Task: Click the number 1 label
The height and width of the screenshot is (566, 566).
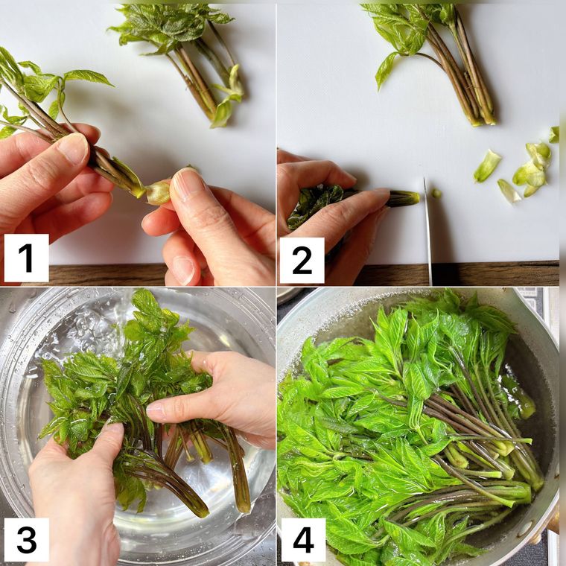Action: click(x=27, y=258)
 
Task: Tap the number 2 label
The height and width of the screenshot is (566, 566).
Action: click(x=302, y=261)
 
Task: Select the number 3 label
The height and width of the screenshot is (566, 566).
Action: click(x=27, y=540)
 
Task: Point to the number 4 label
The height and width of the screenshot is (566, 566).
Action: click(x=303, y=541)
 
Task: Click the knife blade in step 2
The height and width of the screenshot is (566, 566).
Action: click(x=427, y=231)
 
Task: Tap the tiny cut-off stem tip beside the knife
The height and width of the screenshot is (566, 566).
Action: click(x=436, y=194)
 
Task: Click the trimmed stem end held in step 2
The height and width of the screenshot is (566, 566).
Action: click(x=404, y=198)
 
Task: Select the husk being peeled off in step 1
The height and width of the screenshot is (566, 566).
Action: click(x=158, y=192)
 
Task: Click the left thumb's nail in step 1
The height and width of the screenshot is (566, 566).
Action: click(x=74, y=148)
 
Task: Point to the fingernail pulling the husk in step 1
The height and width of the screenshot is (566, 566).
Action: click(x=185, y=184)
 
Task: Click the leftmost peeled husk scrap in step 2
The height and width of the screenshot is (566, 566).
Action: click(x=487, y=165)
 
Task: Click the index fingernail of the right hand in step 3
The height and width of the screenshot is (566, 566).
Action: click(x=154, y=410)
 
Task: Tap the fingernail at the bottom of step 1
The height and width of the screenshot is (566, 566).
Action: click(x=183, y=269)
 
